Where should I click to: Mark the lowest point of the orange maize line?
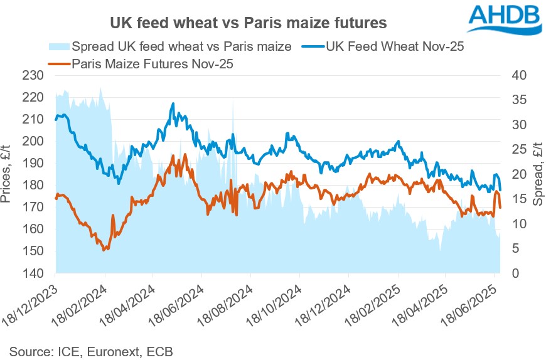pos(104,250)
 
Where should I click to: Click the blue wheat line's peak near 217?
pos(173,103)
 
